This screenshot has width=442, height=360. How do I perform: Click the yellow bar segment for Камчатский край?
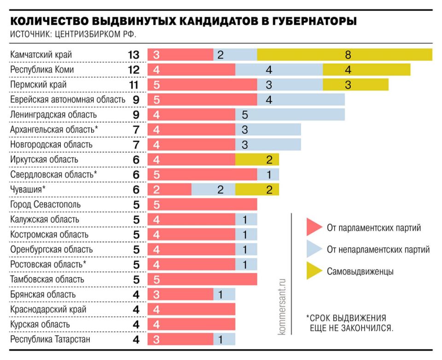click(x=344, y=55)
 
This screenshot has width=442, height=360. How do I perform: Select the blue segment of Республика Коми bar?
click(x=279, y=70)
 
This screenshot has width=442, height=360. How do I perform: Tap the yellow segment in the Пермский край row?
click(x=355, y=85)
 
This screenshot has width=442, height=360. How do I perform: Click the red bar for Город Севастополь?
click(x=202, y=204)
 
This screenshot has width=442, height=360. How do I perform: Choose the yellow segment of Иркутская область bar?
click(x=257, y=160)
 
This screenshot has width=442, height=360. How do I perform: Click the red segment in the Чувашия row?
click(x=169, y=190)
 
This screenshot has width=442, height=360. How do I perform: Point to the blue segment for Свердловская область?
click(x=268, y=174)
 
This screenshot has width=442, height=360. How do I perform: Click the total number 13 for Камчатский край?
click(x=134, y=55)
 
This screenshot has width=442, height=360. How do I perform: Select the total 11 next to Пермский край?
click(x=134, y=85)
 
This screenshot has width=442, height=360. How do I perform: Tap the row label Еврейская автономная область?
click(x=67, y=99)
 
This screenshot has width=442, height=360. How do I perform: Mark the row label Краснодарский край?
click(x=48, y=310)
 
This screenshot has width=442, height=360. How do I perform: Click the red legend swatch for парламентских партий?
click(x=314, y=228)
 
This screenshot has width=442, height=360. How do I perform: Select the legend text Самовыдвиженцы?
click(x=360, y=272)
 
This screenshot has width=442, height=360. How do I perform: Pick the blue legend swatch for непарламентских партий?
click(x=314, y=250)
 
